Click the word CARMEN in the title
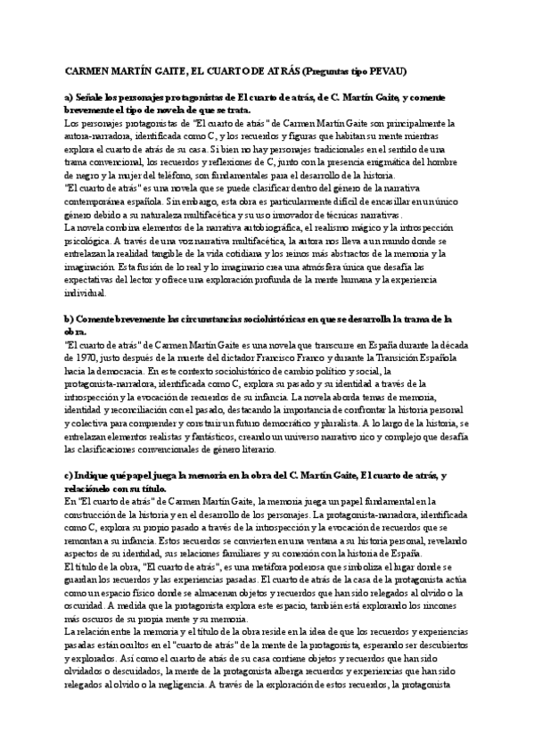tap(86, 69)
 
